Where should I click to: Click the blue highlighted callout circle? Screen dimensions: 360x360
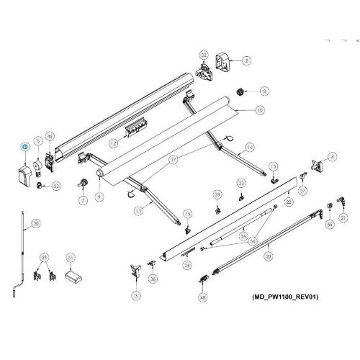24,147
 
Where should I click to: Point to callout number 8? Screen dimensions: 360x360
265,91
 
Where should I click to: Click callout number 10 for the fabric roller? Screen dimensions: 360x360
259,111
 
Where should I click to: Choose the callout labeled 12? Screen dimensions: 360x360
114,143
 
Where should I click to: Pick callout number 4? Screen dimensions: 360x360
332,156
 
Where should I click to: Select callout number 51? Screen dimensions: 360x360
70,257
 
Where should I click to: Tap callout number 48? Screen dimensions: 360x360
203,297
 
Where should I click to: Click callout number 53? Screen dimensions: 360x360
56,186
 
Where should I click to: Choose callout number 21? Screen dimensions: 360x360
344,216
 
